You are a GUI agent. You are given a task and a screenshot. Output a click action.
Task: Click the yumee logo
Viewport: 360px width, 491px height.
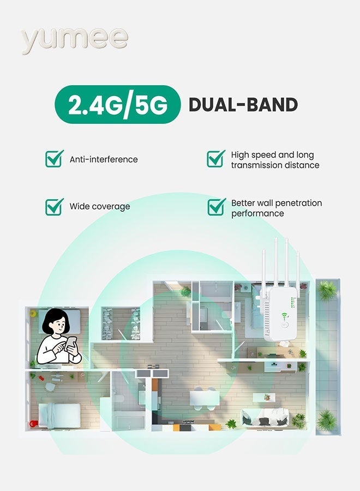click(x=75, y=39)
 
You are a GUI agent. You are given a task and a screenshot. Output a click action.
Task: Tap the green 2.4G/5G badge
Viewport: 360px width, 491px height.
click(x=117, y=105)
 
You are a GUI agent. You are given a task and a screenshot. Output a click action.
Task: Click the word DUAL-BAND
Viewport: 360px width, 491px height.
click(x=243, y=105)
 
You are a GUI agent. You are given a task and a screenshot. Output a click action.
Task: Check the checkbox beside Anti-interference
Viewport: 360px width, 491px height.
click(x=54, y=159)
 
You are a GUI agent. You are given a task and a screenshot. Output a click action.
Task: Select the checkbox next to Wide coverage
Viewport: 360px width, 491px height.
click(x=54, y=206)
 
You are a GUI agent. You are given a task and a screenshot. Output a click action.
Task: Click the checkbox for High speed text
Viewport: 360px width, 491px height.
click(x=216, y=159)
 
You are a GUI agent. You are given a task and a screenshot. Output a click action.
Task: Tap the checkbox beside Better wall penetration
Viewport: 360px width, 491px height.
click(x=216, y=207)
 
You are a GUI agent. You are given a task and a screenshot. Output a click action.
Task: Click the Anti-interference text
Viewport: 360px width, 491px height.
click(x=104, y=159)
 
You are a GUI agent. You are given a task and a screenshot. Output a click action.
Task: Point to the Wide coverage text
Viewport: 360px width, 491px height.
click(x=99, y=207)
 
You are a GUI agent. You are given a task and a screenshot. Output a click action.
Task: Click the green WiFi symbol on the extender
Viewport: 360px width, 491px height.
click(x=284, y=317)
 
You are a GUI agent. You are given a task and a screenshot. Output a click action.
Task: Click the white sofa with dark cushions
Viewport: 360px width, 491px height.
click(x=265, y=419)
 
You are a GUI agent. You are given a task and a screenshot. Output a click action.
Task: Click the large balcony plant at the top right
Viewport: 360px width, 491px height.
click(x=327, y=290)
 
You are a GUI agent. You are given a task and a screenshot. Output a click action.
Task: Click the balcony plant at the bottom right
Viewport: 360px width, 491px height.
click(x=326, y=420)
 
